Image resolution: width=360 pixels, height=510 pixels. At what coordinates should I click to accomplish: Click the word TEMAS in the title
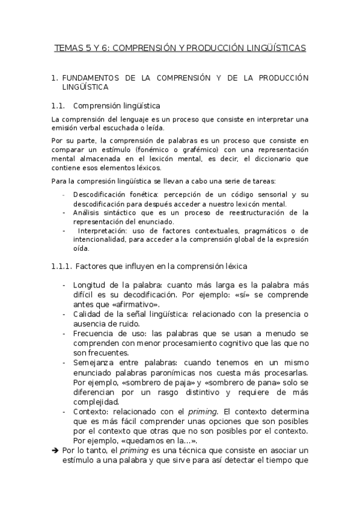coord(68,47)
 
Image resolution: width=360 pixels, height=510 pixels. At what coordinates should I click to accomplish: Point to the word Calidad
coord(88,315)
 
